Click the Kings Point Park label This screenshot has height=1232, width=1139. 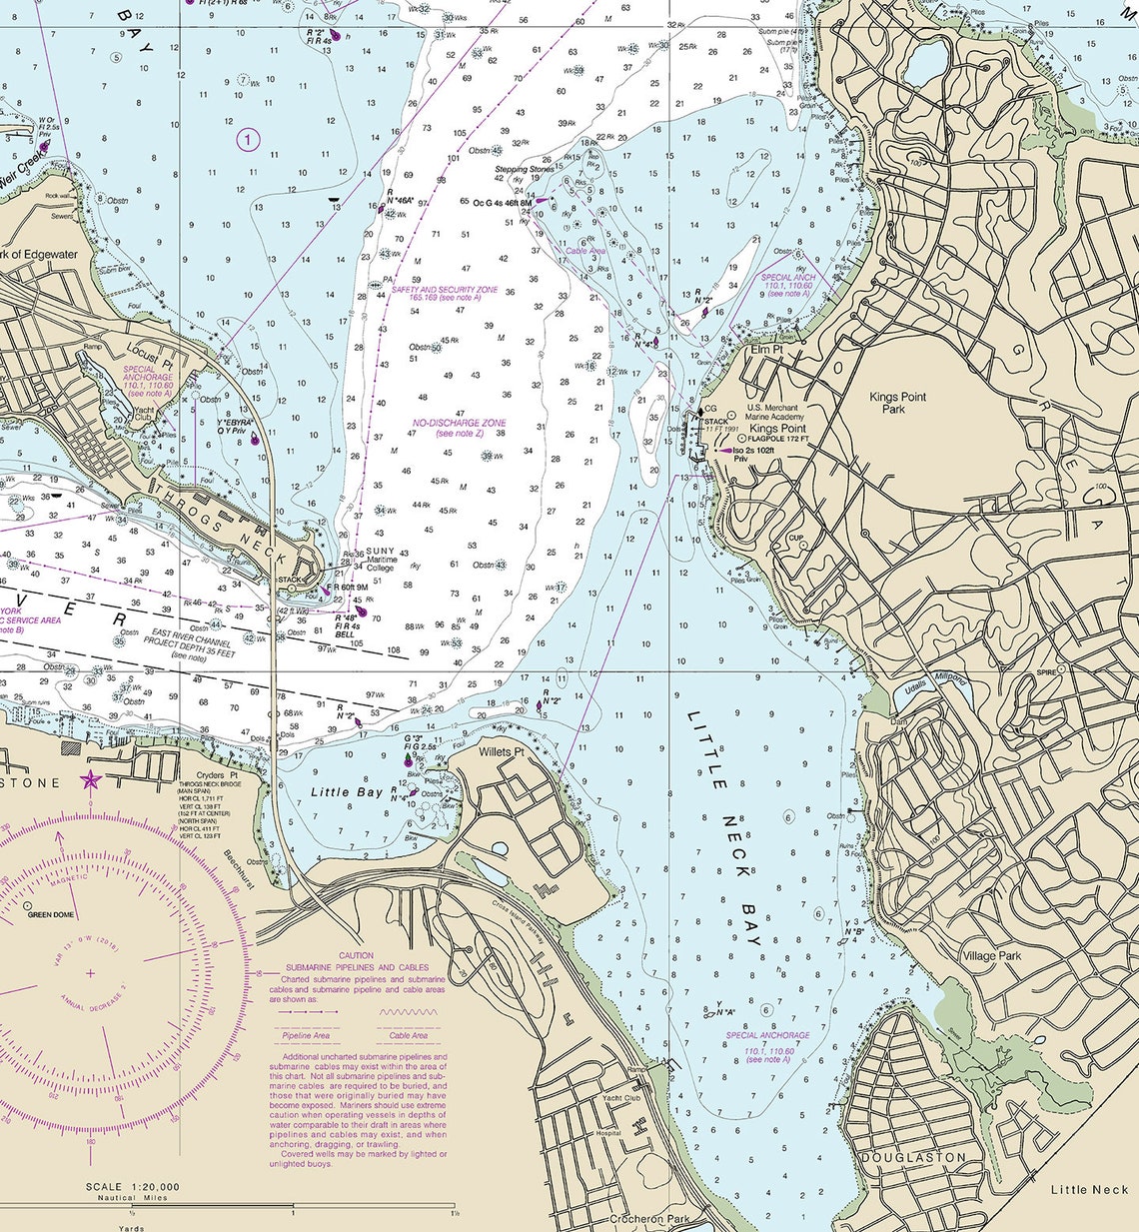897,403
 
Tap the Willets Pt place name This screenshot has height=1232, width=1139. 502,751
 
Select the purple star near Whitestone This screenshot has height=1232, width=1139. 91,780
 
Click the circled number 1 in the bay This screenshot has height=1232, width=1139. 248,139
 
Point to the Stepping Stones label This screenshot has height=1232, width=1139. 524,170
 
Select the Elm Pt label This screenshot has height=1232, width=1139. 766,351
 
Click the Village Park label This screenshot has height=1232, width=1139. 991,955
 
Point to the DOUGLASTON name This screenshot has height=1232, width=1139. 913,1157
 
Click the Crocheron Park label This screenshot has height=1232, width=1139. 649,1220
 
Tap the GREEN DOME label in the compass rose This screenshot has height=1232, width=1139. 50,914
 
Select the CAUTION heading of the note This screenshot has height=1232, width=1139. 357,956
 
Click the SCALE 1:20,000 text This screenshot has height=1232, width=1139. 133,1187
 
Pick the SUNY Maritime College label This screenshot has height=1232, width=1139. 381,559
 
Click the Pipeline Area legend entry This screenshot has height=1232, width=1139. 306,1035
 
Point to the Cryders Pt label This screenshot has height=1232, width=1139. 217,775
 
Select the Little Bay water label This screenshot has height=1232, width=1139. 347,792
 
